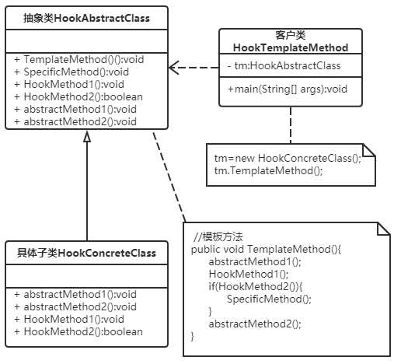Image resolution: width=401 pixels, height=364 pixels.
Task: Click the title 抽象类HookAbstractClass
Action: click(x=86, y=16)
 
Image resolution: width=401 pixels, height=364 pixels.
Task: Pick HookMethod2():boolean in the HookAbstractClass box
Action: click(x=78, y=96)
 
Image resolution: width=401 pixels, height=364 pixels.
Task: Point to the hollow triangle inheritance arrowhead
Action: click(x=87, y=136)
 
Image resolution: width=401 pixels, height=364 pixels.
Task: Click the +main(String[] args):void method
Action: click(x=287, y=89)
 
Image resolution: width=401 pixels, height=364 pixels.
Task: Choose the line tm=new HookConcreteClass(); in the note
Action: click(x=288, y=158)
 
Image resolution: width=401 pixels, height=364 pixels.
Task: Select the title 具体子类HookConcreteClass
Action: click(x=86, y=253)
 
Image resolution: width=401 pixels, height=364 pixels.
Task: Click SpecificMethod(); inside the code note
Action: click(x=263, y=299)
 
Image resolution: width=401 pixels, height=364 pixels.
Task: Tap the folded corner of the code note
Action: click(x=382, y=229)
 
